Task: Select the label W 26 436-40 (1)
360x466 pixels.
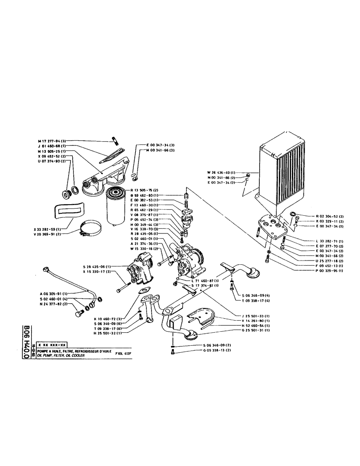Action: pos(222,172)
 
